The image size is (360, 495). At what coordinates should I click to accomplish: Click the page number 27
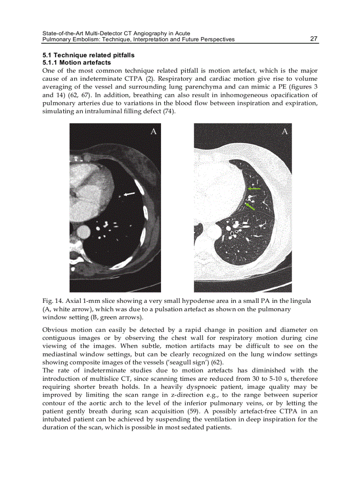pos(314,39)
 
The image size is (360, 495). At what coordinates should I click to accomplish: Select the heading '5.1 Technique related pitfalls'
pos(88,56)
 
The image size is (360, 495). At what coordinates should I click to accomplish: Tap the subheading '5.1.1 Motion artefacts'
pos(76,63)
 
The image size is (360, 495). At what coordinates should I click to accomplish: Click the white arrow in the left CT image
pos(129,194)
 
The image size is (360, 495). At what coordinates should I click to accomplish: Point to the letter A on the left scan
pos(154,131)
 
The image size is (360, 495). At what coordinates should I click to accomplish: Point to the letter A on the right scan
pos(285,131)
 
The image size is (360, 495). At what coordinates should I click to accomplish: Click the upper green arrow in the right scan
pos(254,189)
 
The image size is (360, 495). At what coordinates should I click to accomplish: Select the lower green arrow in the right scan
pos(250,205)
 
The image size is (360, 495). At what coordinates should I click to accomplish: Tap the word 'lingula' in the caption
pos(300,301)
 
